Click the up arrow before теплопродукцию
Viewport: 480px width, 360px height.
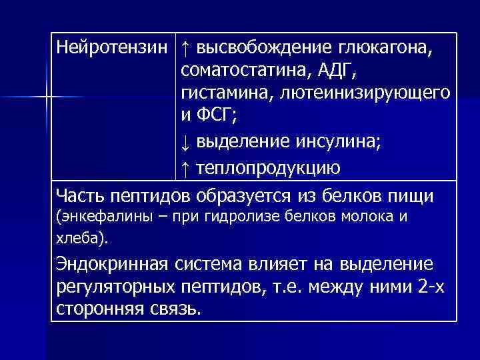pos(185,167)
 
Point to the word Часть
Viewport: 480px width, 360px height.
pos(79,196)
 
